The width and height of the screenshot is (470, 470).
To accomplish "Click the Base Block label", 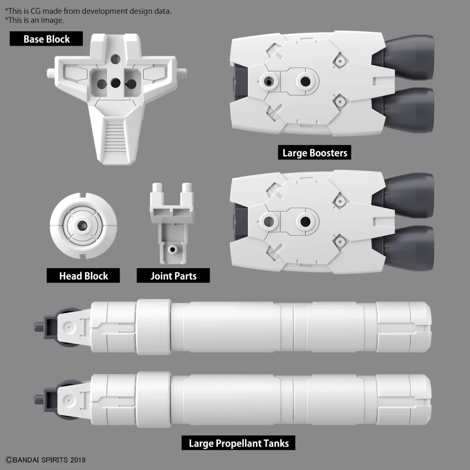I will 46,39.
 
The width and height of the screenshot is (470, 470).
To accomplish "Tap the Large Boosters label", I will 314,153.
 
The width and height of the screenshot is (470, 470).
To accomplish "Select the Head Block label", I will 83,276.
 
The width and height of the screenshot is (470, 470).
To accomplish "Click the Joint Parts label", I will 173,276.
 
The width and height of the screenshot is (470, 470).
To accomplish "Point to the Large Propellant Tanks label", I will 239,443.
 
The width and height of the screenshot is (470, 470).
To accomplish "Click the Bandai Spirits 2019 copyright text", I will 45,459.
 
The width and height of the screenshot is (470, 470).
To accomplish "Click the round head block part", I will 84,226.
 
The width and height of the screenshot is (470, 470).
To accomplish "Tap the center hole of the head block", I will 84,226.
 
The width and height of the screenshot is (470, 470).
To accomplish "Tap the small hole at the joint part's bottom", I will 173,249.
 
